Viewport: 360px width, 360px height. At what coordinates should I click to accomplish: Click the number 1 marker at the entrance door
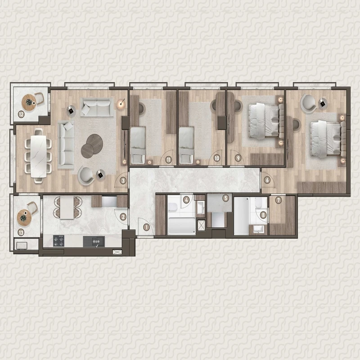[x=146, y=228]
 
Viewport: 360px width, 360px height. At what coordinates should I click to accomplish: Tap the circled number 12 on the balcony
[x=21, y=114]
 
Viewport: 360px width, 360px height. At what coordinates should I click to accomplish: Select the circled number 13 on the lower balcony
[x=21, y=233]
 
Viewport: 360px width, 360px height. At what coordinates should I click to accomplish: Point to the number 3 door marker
[x=123, y=181]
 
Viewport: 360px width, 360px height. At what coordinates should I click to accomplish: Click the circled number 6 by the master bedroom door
[x=267, y=180]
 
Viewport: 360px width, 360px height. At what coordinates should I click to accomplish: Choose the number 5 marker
[x=226, y=198]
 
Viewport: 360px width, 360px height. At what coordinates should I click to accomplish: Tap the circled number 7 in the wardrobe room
[x=279, y=200]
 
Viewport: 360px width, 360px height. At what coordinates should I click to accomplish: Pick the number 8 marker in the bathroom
[x=263, y=215]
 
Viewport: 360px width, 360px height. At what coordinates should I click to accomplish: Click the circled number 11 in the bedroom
[x=169, y=160]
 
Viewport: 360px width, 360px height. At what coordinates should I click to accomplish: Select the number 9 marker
[x=238, y=158]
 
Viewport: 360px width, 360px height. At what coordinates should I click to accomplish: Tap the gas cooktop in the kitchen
[x=59, y=241]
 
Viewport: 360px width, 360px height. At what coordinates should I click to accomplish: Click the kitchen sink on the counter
[x=94, y=242]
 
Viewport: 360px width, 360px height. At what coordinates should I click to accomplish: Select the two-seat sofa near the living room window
[x=97, y=107]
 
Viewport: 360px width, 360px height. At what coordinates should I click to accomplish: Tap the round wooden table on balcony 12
[x=29, y=103]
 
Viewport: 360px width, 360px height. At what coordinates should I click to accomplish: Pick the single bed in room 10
[x=186, y=145]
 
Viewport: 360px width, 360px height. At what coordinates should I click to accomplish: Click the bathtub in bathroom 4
[x=182, y=226]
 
